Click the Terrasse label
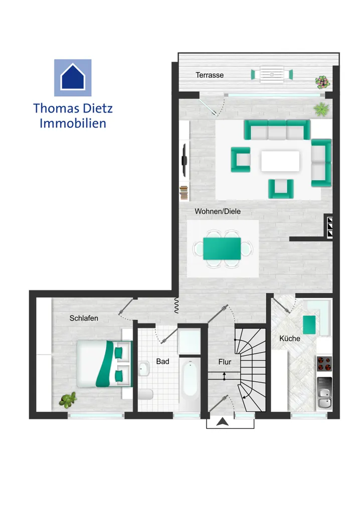point(210,75)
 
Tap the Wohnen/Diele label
point(217,211)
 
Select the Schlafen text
point(83,318)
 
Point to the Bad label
point(162,362)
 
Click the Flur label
point(225,362)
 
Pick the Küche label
point(290,338)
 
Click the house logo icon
point(73,78)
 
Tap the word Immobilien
point(73,123)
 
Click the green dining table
point(222,248)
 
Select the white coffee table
point(280,161)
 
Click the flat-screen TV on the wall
point(185,161)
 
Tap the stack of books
point(184,193)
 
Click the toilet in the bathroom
point(145,395)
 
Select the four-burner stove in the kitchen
point(324,364)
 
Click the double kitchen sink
point(324,393)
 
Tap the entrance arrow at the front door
point(222,422)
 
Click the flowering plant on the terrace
point(322,82)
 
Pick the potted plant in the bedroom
point(68,400)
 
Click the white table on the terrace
point(272,75)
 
